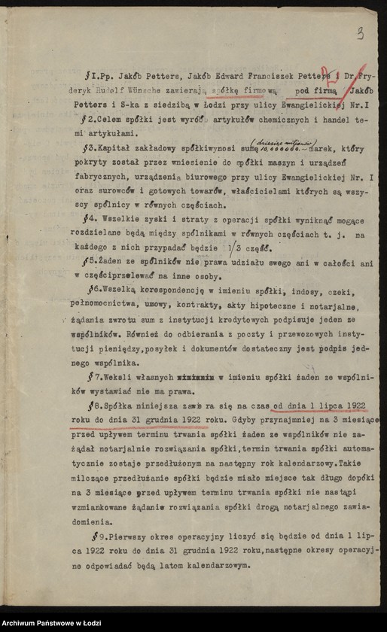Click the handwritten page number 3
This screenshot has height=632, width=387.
pos(361,32)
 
